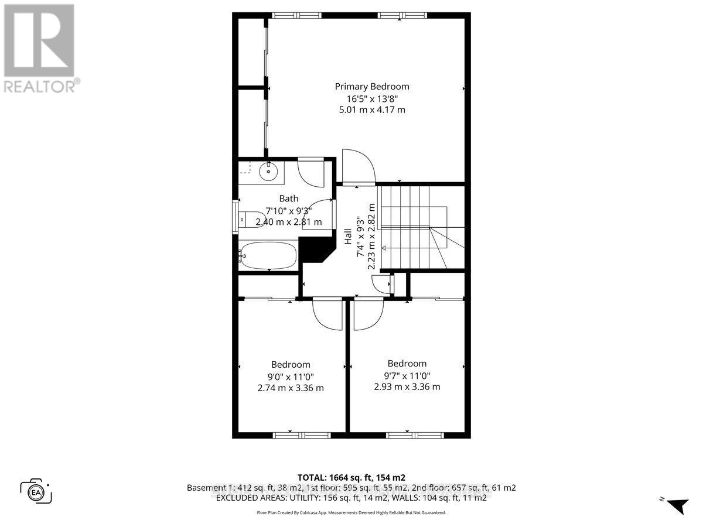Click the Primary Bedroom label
372,86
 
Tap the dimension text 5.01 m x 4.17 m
372,109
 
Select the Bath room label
288,199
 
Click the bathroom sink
269,171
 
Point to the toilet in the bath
248,218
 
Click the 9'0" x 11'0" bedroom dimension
291,376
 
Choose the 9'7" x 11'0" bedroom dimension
407,375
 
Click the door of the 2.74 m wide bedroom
327,314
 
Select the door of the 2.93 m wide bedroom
368,314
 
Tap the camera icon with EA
36,491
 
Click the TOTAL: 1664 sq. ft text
351,477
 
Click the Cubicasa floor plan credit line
351,512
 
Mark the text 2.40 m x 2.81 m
288,222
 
